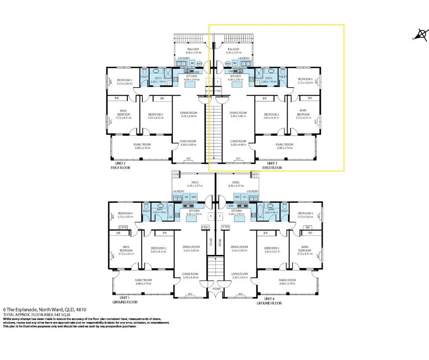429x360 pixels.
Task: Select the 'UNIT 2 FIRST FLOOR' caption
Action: pyautogui.click(x=120, y=165)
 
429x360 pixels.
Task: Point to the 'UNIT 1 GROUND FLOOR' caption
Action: pyautogui.click(x=122, y=300)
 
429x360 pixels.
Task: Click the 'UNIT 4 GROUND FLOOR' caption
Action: pyautogui.click(x=269, y=300)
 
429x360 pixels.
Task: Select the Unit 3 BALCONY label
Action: pyautogui.click(x=233, y=49)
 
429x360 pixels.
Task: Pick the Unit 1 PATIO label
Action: pyautogui.click(x=195, y=182)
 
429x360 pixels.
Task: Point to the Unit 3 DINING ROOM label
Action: pyautogui.click(x=238, y=113)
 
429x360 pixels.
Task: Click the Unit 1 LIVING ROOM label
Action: pyautogui.click(x=188, y=274)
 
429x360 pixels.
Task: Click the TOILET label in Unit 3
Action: pyautogui.click(x=283, y=77)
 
